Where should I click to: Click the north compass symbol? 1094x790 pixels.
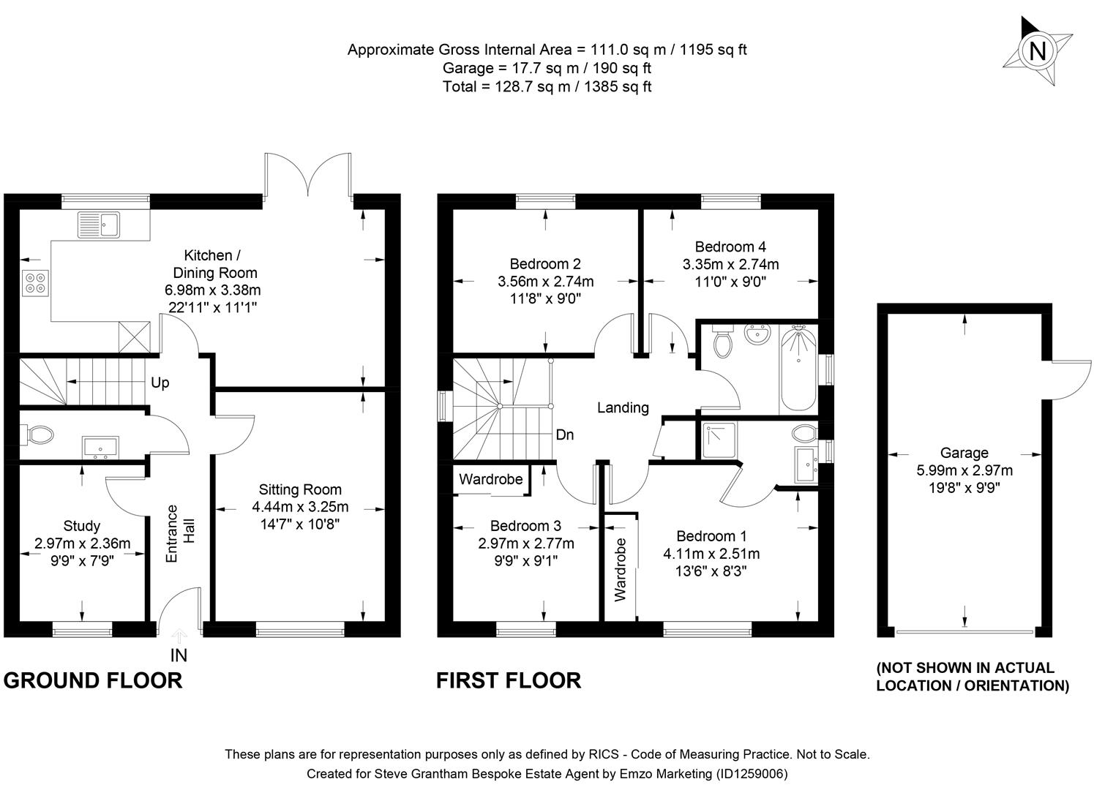[x=1037, y=50]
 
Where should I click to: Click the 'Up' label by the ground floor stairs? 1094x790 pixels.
[x=160, y=383]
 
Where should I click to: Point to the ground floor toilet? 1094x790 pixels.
[x=40, y=435]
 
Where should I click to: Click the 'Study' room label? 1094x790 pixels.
[x=82, y=526]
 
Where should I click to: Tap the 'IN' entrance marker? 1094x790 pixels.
[x=179, y=655]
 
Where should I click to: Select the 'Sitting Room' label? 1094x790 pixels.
[x=300, y=489]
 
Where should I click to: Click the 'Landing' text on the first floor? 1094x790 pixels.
[x=623, y=407]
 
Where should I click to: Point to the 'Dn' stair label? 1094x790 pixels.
[x=564, y=434]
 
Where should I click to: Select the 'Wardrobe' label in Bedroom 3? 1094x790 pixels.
[x=491, y=479]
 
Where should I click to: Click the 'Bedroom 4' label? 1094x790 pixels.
[x=730, y=247]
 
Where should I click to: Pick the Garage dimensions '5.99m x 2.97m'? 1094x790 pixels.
[x=964, y=470]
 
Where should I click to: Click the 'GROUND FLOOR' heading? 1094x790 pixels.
[x=93, y=680]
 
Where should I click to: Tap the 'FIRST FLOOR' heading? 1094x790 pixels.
[x=509, y=680]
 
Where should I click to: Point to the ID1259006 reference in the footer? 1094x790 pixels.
[x=752, y=773]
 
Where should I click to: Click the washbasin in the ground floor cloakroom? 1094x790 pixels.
[x=100, y=446]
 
